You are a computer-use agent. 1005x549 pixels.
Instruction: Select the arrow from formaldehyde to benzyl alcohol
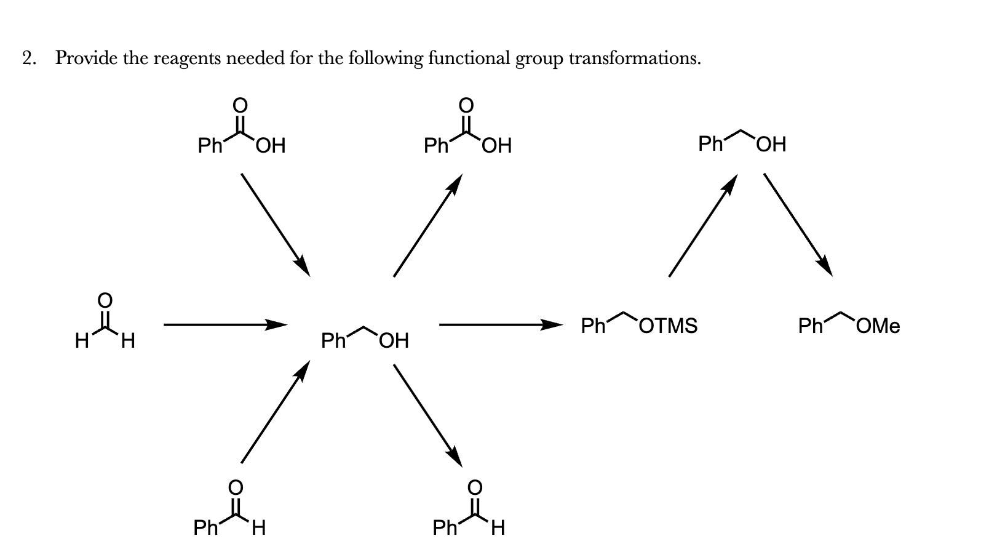pyautogui.click(x=224, y=324)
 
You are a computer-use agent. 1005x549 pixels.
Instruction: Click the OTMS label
pyautogui.click(x=669, y=325)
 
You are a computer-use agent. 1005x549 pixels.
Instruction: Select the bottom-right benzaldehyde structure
pyautogui.click(x=469, y=510)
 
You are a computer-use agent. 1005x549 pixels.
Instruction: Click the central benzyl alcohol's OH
pyautogui.click(x=394, y=340)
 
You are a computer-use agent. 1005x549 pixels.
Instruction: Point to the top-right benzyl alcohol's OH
pyautogui.click(x=771, y=145)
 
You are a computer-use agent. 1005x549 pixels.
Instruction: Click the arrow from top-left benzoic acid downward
pyautogui.click(x=276, y=225)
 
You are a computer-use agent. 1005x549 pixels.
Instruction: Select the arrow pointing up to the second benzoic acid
pyautogui.click(x=427, y=225)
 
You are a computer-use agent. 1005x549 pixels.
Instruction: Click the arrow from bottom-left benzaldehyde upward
pyautogui.click(x=274, y=412)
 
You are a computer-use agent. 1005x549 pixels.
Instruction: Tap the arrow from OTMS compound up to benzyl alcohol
pyautogui.click(x=703, y=225)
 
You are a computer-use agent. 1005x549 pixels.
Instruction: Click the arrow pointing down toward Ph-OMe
pyautogui.click(x=798, y=225)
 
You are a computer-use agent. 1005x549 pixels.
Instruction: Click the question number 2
pyautogui.click(x=28, y=58)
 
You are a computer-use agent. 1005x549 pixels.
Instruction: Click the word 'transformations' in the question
pyautogui.click(x=634, y=58)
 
